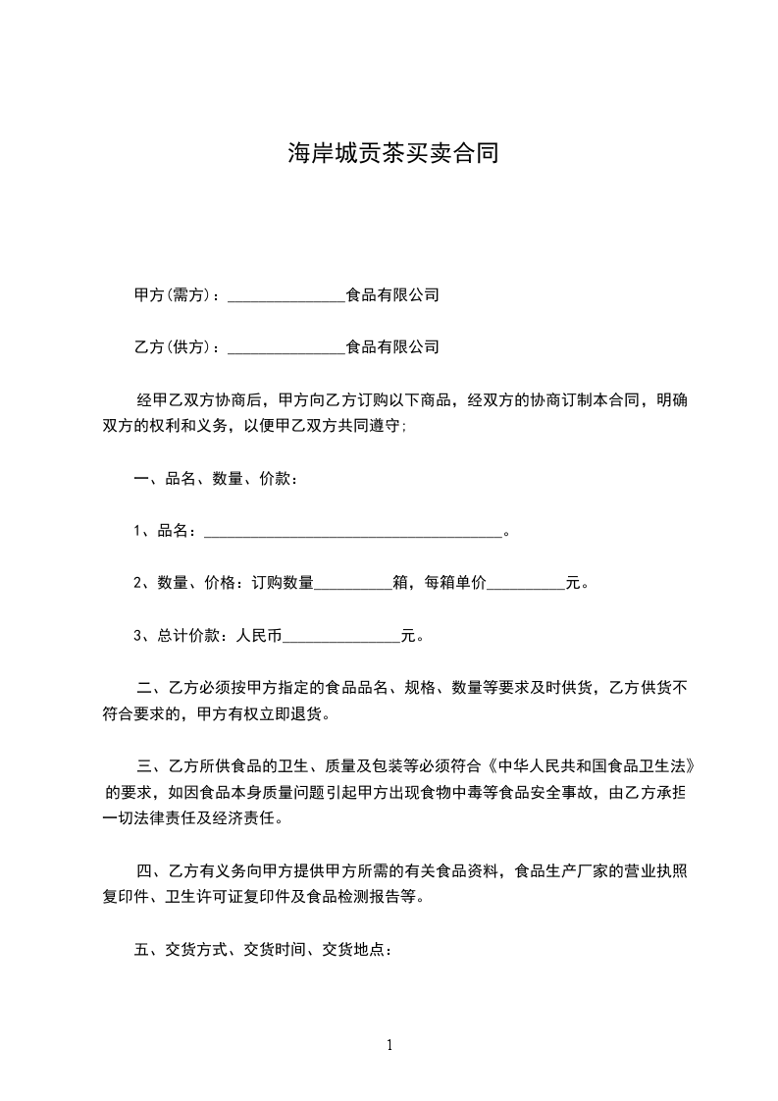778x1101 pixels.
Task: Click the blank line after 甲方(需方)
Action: tap(286, 295)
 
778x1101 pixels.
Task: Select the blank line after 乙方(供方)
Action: tap(286, 347)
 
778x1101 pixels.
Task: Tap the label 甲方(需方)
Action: tap(173, 295)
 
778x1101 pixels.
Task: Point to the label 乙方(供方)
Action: tap(173, 347)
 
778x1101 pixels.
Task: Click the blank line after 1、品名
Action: tap(351, 532)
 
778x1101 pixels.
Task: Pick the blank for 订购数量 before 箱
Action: tap(352, 584)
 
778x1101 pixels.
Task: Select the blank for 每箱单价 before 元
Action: tap(526, 584)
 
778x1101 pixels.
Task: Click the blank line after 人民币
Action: tap(341, 636)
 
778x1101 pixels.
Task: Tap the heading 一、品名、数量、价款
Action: tap(215, 480)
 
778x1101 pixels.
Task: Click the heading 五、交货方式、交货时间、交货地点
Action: tap(263, 950)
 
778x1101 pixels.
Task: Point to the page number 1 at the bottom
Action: tap(389, 1045)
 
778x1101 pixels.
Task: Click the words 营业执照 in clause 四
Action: tap(653, 870)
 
